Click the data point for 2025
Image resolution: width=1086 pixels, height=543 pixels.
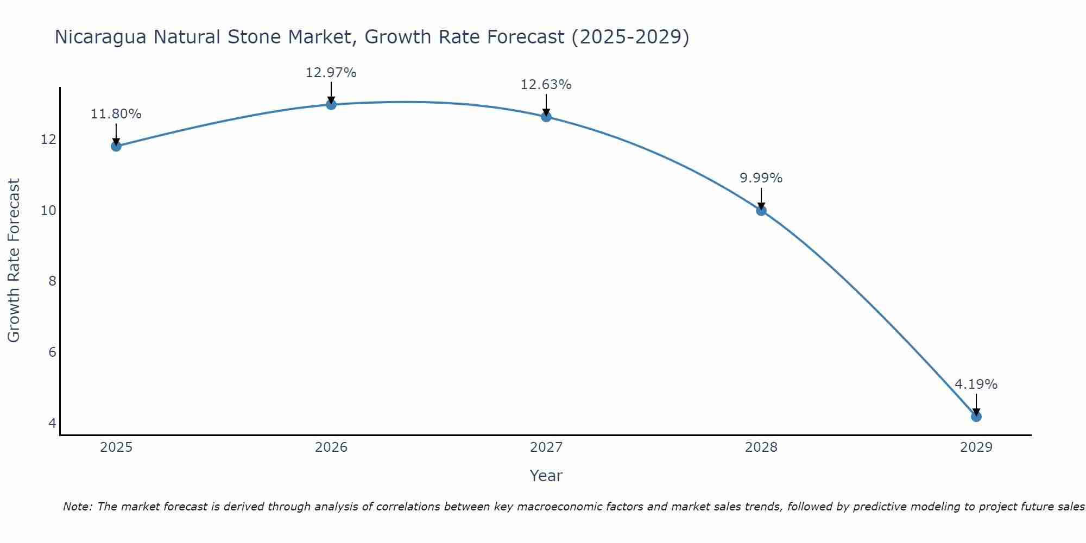[116, 146]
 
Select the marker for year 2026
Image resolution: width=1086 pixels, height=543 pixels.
[331, 104]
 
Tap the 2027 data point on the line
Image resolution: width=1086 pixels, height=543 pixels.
[546, 116]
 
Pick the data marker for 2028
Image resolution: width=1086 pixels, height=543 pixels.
[761, 210]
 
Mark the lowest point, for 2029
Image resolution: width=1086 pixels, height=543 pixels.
[976, 416]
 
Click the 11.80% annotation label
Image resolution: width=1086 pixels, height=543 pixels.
[116, 114]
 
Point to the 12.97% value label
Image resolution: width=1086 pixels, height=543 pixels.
[331, 72]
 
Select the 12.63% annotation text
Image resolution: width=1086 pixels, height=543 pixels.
[546, 85]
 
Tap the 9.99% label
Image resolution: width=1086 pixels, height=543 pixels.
[761, 178]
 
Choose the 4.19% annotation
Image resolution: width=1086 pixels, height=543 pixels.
[976, 384]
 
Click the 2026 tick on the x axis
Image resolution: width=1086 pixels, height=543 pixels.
[331, 447]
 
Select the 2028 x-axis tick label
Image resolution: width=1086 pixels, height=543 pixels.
[761, 447]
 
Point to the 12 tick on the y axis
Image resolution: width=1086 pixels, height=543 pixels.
[48, 140]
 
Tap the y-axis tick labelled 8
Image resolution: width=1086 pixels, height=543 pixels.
[52, 281]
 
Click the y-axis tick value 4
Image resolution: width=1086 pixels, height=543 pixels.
[52, 423]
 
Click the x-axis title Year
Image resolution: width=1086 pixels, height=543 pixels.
[546, 476]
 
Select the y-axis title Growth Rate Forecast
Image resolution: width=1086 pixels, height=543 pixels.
[14, 261]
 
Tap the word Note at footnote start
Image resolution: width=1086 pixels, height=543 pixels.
[78, 507]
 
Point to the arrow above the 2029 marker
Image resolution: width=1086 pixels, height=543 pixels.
[976, 405]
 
